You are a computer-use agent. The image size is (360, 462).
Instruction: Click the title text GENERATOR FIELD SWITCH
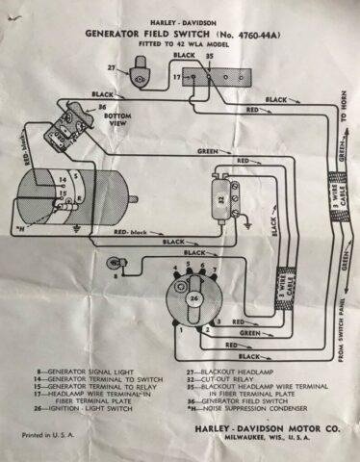point(157,32)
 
